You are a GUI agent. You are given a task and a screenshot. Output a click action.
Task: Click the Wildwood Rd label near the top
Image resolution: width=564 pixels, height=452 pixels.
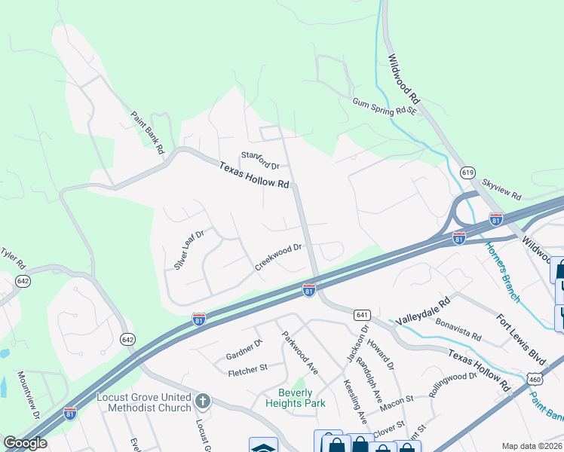(x=404, y=78)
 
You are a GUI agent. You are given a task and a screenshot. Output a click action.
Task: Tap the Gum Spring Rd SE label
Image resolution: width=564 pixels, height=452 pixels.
(x=384, y=106)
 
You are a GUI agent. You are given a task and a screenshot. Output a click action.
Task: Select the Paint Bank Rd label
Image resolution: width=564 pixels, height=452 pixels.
(x=147, y=133)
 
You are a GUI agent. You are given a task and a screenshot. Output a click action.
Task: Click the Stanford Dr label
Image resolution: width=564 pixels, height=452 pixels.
(x=260, y=160)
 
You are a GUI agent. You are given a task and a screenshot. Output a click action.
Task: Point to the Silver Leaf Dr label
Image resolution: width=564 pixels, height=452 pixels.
(x=189, y=250)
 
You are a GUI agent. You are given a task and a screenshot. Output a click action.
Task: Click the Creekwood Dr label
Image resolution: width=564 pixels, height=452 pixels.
(x=278, y=256)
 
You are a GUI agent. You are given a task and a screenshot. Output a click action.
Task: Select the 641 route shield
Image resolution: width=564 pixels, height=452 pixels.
(x=363, y=314)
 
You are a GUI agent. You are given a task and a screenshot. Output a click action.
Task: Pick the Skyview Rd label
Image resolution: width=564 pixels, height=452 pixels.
(x=501, y=189)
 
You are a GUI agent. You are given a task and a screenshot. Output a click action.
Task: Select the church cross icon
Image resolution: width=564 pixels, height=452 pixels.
(x=201, y=400)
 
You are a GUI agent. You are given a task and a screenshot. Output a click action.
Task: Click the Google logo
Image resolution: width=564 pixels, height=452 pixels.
(x=25, y=443)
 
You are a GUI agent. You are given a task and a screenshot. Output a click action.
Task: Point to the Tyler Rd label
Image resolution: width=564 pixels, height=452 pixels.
(x=13, y=258)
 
